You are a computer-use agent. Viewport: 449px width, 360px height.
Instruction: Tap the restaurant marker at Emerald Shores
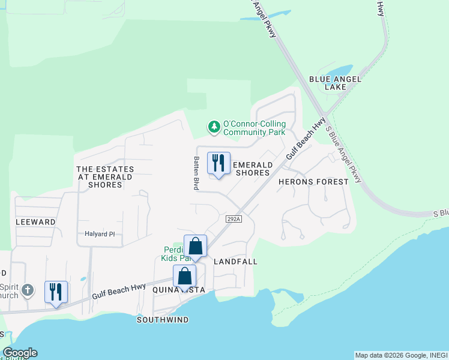(218, 163)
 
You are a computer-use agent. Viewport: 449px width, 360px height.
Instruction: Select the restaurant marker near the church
(56, 292)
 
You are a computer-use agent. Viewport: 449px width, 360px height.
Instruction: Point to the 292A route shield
(234, 220)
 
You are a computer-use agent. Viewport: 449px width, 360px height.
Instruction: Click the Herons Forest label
(313, 181)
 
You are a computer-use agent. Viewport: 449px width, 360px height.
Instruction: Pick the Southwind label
(163, 320)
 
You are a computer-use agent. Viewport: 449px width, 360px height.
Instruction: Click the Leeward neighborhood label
(35, 222)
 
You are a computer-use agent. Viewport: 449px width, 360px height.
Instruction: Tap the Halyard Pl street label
(100, 234)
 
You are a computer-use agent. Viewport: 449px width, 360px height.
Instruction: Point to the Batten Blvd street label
(196, 173)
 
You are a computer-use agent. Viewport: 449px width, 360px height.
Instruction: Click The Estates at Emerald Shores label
(105, 177)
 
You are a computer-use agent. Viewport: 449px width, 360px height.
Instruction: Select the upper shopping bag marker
(196, 246)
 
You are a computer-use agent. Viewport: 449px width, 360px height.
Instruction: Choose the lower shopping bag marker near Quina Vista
(185, 277)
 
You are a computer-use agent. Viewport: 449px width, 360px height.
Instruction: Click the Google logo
(19, 353)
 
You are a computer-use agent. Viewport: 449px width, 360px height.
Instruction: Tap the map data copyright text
(400, 355)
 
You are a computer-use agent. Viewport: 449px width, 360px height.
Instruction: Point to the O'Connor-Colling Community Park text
(254, 128)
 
